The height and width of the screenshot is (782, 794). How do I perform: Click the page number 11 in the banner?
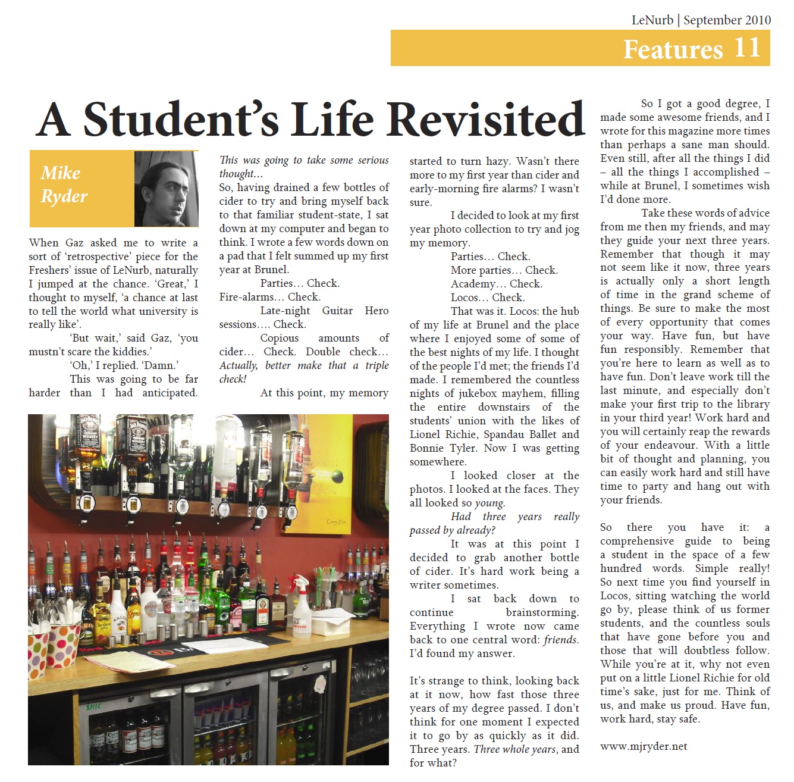pyautogui.click(x=747, y=48)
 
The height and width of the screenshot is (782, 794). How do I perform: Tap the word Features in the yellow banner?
pyautogui.click(x=673, y=49)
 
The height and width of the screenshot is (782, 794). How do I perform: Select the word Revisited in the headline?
pyautogui.click(x=487, y=119)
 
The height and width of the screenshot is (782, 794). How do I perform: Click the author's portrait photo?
pyautogui.click(x=166, y=189)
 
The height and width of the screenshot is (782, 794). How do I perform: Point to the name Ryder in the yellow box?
pyautogui.click(x=64, y=196)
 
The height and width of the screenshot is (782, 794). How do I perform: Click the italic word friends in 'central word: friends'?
pyautogui.click(x=560, y=640)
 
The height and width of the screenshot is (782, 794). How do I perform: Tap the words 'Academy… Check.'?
pyautogui.click(x=496, y=284)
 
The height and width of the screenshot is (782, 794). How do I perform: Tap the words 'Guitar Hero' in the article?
pyautogui.click(x=355, y=311)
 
